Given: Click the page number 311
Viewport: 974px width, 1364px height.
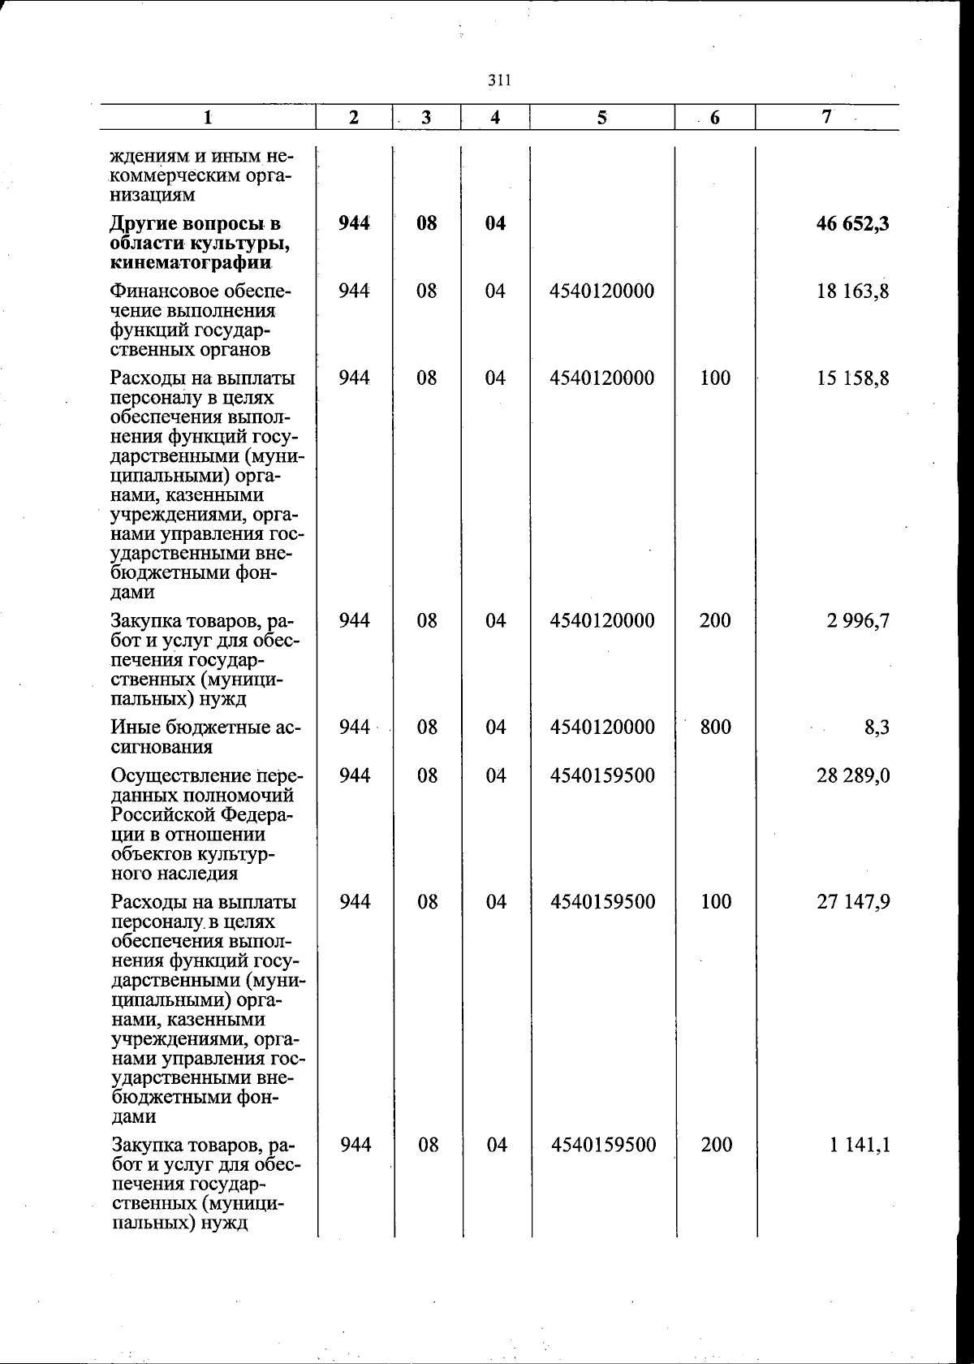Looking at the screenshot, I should pyautogui.click(x=498, y=80).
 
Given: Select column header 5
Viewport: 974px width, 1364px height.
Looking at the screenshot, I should pyautogui.click(x=601, y=118).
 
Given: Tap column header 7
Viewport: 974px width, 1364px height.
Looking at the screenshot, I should pyautogui.click(x=826, y=117).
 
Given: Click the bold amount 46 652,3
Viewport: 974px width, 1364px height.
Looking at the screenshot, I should pyautogui.click(x=852, y=224).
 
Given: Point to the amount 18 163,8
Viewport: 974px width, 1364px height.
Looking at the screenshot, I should pyautogui.click(x=852, y=291).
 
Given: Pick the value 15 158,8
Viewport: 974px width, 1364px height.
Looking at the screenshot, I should pyautogui.click(x=852, y=378).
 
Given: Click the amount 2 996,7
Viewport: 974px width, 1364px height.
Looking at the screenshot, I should pyautogui.click(x=858, y=621).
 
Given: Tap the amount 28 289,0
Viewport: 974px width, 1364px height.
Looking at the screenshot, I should pyautogui.click(x=852, y=776).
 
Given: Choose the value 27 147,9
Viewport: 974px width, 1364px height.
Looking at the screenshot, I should pyautogui.click(x=853, y=902).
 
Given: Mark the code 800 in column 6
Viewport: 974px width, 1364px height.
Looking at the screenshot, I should pyautogui.click(x=715, y=727).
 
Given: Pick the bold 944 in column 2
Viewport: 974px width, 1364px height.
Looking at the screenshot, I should pyautogui.click(x=354, y=224).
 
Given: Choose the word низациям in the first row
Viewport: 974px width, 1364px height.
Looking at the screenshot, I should pyautogui.click(x=152, y=195).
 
